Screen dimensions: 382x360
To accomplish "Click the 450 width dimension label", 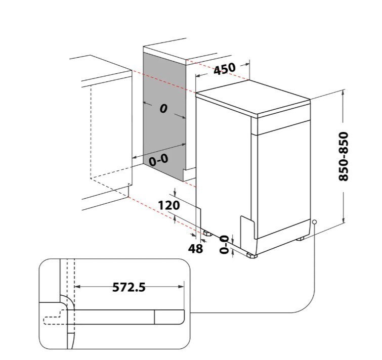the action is [x=225, y=69].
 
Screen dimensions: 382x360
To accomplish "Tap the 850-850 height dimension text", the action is [x=344, y=156].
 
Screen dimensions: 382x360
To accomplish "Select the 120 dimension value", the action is [x=169, y=205].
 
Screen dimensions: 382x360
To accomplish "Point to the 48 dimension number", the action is [x=195, y=249].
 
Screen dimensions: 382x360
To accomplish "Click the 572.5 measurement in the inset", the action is [x=129, y=287].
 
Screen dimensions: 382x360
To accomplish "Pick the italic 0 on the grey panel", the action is [x=163, y=109].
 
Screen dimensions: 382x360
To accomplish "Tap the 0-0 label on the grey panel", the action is [x=158, y=160].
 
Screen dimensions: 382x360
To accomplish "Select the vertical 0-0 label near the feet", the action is [x=224, y=244].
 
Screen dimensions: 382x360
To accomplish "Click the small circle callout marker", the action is [x=315, y=222].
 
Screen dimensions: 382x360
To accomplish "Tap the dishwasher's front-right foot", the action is [x=252, y=255].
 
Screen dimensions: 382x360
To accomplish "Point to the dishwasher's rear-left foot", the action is [x=207, y=234].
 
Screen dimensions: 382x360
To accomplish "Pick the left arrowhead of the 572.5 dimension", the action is [x=78, y=287].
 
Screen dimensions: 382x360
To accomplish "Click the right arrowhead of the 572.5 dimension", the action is [x=181, y=287].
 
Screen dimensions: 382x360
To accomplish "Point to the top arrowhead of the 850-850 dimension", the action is [x=344, y=93].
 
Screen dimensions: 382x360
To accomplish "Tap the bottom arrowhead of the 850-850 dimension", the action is [x=344, y=219].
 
